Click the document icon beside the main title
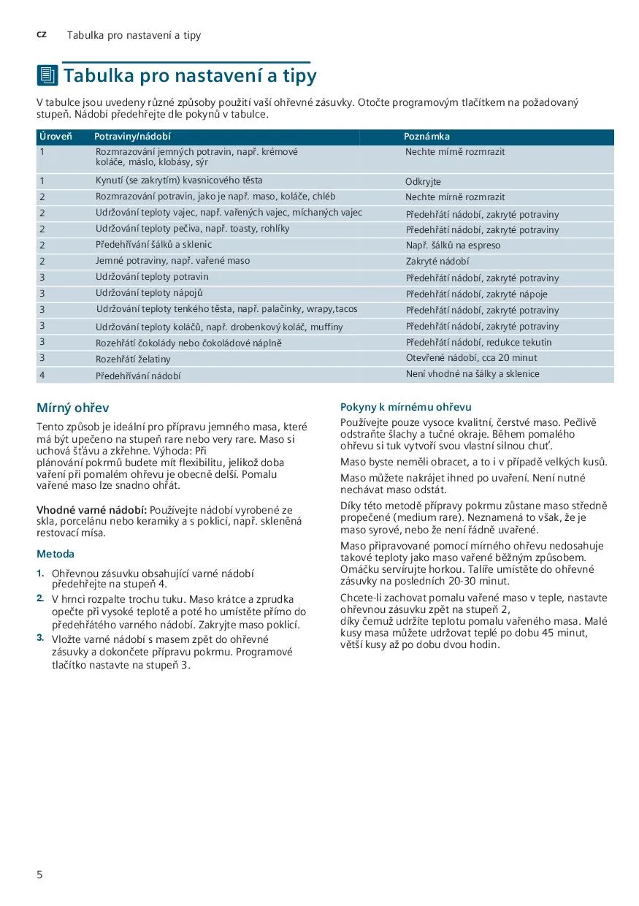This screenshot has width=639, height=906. click(x=47, y=75)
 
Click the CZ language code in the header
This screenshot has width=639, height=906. click(x=42, y=35)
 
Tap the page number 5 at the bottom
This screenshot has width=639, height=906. click(x=40, y=875)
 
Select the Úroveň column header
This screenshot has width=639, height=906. click(x=51, y=137)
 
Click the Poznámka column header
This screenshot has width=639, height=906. click(x=426, y=137)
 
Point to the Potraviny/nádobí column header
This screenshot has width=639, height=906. click(x=132, y=137)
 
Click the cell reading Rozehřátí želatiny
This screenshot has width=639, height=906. click(x=133, y=359)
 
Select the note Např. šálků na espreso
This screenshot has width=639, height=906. click(x=453, y=245)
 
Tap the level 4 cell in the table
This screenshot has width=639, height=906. click(x=42, y=375)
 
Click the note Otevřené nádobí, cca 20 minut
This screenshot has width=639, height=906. click(x=471, y=358)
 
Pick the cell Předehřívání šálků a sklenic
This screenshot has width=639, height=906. click(x=153, y=245)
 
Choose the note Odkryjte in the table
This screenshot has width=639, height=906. click(x=423, y=182)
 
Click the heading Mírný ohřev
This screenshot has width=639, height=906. click(x=72, y=408)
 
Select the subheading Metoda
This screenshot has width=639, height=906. click(x=56, y=554)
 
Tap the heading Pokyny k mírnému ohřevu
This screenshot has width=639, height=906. click(x=405, y=407)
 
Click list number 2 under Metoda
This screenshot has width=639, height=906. click(x=41, y=598)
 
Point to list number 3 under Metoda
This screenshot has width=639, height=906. click(x=41, y=638)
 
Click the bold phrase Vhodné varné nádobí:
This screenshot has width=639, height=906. click(x=92, y=509)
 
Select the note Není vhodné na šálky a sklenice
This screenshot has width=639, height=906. click(x=472, y=374)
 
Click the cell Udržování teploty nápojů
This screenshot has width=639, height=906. click(x=149, y=293)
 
